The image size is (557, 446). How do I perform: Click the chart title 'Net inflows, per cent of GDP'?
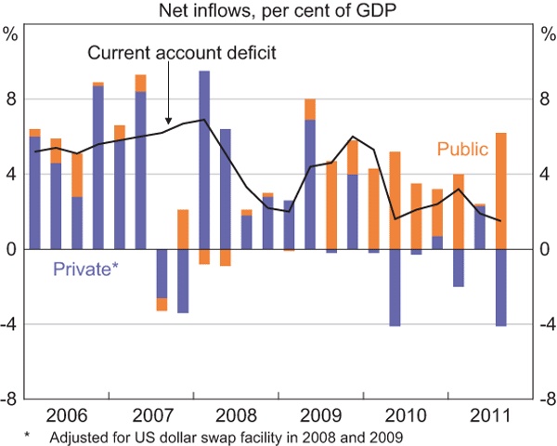pyautogui.click(x=278, y=11)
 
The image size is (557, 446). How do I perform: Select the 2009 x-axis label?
pyautogui.click(x=321, y=412)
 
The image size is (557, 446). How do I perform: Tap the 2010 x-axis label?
pyautogui.click(x=407, y=412)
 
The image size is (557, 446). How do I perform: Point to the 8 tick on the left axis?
pyautogui.click(x=11, y=99)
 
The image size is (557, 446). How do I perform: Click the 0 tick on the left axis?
pyautogui.click(x=11, y=249)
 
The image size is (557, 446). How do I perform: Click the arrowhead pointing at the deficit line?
pyautogui.click(x=168, y=122)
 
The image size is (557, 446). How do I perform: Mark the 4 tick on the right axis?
pyautogui.click(x=545, y=175)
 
